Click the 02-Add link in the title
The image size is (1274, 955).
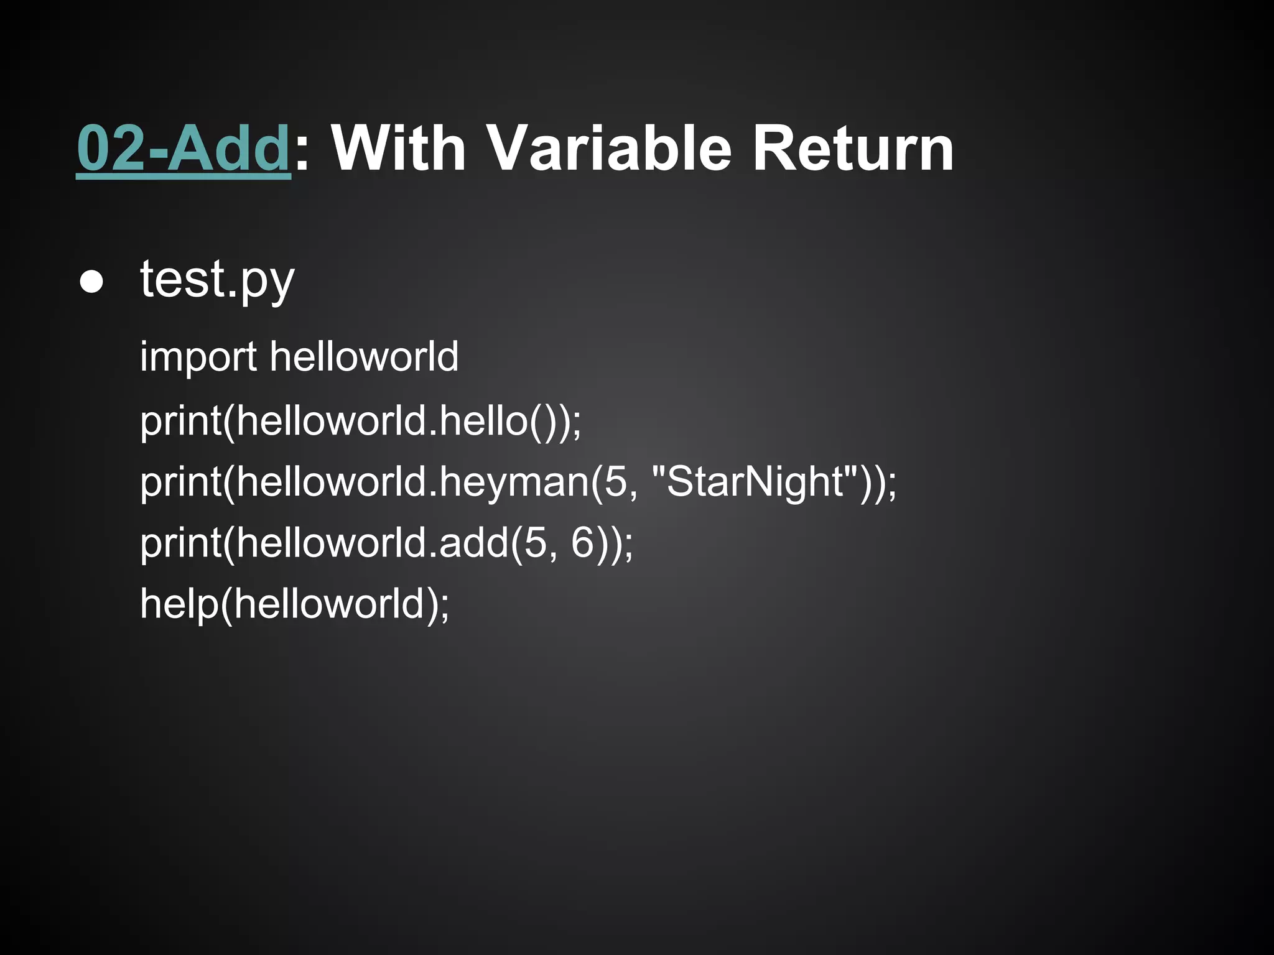[x=184, y=149]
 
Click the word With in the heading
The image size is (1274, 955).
[x=398, y=149]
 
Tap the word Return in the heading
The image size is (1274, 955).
[x=852, y=149]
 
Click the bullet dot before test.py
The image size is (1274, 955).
[x=91, y=282]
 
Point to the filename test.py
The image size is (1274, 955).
[x=217, y=280]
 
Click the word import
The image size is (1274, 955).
[x=198, y=358]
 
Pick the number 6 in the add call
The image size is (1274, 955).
[x=584, y=542]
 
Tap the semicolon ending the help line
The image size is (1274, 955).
[x=444, y=606]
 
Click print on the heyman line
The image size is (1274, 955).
[x=180, y=483]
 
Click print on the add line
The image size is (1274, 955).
[x=180, y=543]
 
